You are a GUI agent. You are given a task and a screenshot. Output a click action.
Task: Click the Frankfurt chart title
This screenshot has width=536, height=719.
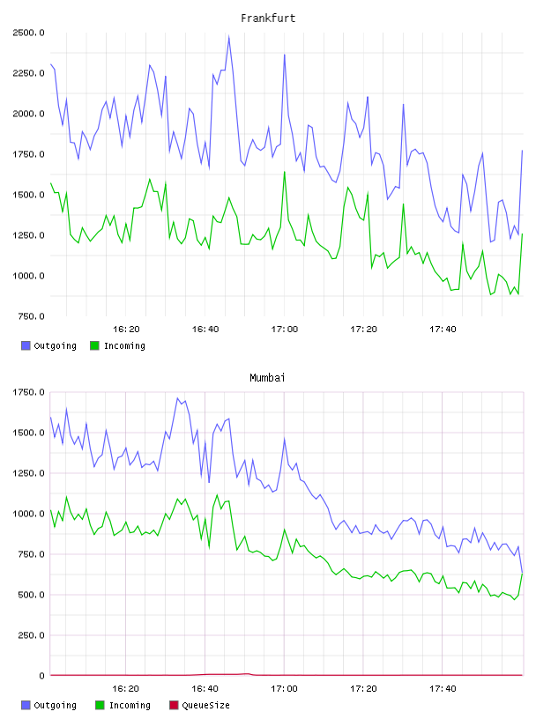[268, 19]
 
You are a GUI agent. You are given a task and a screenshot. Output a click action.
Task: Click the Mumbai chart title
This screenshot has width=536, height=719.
[267, 378]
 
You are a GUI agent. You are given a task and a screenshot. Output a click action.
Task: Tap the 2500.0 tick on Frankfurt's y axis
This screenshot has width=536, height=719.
[29, 33]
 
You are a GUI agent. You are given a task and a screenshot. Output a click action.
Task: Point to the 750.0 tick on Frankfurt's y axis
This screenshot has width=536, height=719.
[31, 316]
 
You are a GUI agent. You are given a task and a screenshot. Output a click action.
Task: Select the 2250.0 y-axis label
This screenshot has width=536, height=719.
[29, 73]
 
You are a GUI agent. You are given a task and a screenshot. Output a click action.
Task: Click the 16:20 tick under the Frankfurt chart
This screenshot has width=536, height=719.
[126, 329]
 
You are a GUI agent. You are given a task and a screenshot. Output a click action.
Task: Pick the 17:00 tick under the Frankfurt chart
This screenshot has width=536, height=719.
[285, 329]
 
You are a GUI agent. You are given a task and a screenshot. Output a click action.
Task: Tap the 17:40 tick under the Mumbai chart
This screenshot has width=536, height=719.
[443, 688]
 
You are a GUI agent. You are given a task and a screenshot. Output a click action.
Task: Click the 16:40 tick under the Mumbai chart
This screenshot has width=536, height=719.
[205, 688]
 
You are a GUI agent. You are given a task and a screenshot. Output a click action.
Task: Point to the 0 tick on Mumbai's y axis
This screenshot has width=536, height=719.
[41, 676]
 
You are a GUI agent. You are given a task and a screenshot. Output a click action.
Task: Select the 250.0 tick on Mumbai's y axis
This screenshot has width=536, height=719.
[31, 635]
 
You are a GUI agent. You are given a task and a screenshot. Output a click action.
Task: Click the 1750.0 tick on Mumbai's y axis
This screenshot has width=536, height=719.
[29, 392]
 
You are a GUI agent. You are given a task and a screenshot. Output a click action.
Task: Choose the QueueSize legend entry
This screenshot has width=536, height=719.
[199, 705]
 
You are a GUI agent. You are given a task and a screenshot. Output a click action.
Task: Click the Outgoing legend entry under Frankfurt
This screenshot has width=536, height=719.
[48, 345]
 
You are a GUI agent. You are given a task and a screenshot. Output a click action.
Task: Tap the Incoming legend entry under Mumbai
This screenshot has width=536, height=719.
[123, 705]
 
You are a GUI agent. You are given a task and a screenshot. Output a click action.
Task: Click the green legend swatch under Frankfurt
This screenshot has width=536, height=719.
[94, 345]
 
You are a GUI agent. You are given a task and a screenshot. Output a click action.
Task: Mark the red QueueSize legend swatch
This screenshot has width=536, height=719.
[174, 705]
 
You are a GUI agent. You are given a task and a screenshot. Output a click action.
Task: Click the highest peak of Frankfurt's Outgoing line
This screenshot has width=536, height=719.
[229, 36]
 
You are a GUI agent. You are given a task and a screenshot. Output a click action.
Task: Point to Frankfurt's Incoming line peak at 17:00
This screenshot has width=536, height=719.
[285, 172]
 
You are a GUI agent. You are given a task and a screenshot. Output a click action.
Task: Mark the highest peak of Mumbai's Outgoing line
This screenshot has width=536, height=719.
[177, 398]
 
